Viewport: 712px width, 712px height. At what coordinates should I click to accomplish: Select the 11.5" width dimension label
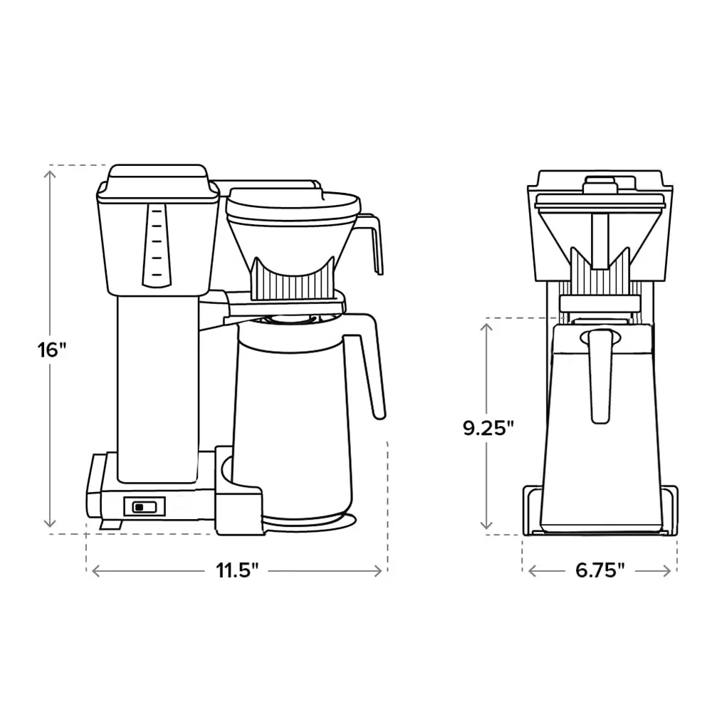point(237,570)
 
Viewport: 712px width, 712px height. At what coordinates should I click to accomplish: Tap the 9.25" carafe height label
point(488,428)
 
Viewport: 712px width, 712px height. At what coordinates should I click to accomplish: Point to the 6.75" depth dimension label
point(600,570)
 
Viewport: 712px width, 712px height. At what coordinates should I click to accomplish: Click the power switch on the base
point(145,506)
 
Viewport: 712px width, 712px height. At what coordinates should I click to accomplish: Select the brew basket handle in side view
point(374,239)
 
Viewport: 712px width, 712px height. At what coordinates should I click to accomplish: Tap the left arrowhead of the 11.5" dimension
point(93,570)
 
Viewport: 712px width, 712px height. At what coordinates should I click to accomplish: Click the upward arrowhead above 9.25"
point(488,325)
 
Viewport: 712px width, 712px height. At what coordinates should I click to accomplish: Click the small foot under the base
point(109,525)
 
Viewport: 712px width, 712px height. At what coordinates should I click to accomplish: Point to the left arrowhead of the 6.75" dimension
point(530,570)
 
